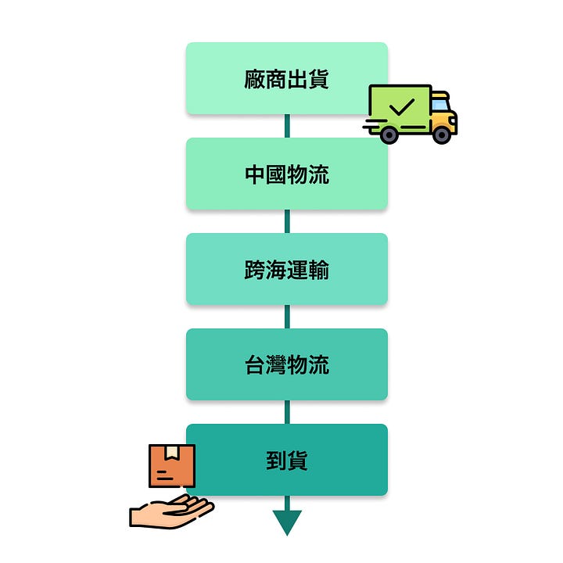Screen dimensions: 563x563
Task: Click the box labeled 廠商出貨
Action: pos(286,78)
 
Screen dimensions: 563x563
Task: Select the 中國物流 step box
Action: pos(286,174)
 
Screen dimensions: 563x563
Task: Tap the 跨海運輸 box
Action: pos(286,269)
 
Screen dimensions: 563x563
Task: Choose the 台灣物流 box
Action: pos(286,364)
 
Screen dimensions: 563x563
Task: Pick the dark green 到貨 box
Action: pos(286,460)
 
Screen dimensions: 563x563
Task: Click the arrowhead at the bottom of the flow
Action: pos(287,522)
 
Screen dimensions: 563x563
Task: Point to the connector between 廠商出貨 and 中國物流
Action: pos(287,126)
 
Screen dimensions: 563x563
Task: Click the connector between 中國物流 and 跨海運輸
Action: pos(287,221)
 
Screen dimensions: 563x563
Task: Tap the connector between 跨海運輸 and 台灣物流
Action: pos(287,317)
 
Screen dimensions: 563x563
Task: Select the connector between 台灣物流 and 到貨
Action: pos(287,412)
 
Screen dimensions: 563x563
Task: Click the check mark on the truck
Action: pos(401,107)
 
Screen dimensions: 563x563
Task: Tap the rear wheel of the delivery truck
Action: pos(388,134)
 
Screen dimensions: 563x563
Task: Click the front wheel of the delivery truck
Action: pos(442,134)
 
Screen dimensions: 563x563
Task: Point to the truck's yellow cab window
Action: pos(439,105)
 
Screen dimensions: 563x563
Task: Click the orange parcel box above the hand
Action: pos(172,466)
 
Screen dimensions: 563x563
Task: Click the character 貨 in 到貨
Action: pos(297,460)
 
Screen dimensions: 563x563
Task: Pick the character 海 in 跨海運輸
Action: pos(276,270)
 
